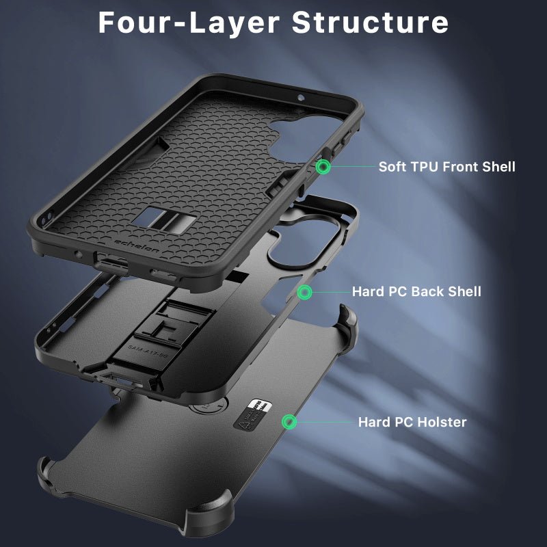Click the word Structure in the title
click(x=370, y=22)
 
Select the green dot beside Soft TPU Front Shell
click(x=323, y=166)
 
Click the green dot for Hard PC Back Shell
click(x=305, y=292)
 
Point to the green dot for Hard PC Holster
click(x=291, y=421)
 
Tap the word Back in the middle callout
click(x=423, y=292)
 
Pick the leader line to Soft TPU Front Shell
click(x=352, y=166)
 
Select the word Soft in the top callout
click(x=393, y=166)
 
